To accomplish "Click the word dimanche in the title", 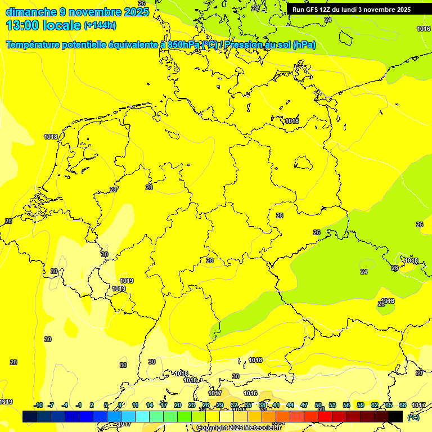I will pyautogui.click(x=30, y=12).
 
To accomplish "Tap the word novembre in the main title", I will pyautogui.click(x=94, y=12).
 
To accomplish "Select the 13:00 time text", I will pyautogui.click(x=23, y=25).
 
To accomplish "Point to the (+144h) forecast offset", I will pyautogui.click(x=100, y=25).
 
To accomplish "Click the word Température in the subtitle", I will pyautogui.click(x=34, y=44).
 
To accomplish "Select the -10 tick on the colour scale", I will pyautogui.click(x=38, y=405).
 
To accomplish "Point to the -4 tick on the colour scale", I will pyautogui.click(x=65, y=405).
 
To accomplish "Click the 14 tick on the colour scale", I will pyautogui.click(x=150, y=405).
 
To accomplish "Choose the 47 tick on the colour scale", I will pyautogui.click(x=304, y=405).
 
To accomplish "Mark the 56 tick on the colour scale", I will pyautogui.click(x=346, y=405).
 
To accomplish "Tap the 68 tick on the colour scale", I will pyautogui.click(x=403, y=405).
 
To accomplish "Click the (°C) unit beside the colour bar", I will pyautogui.click(x=413, y=417).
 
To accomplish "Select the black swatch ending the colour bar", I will pyautogui.click(x=395, y=416).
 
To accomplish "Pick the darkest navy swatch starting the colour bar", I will pyautogui.click(x=30, y=416).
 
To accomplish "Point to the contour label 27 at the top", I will pyautogui.click(x=255, y=8).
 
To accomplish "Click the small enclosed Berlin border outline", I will pyautogui.click(x=304, y=163).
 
